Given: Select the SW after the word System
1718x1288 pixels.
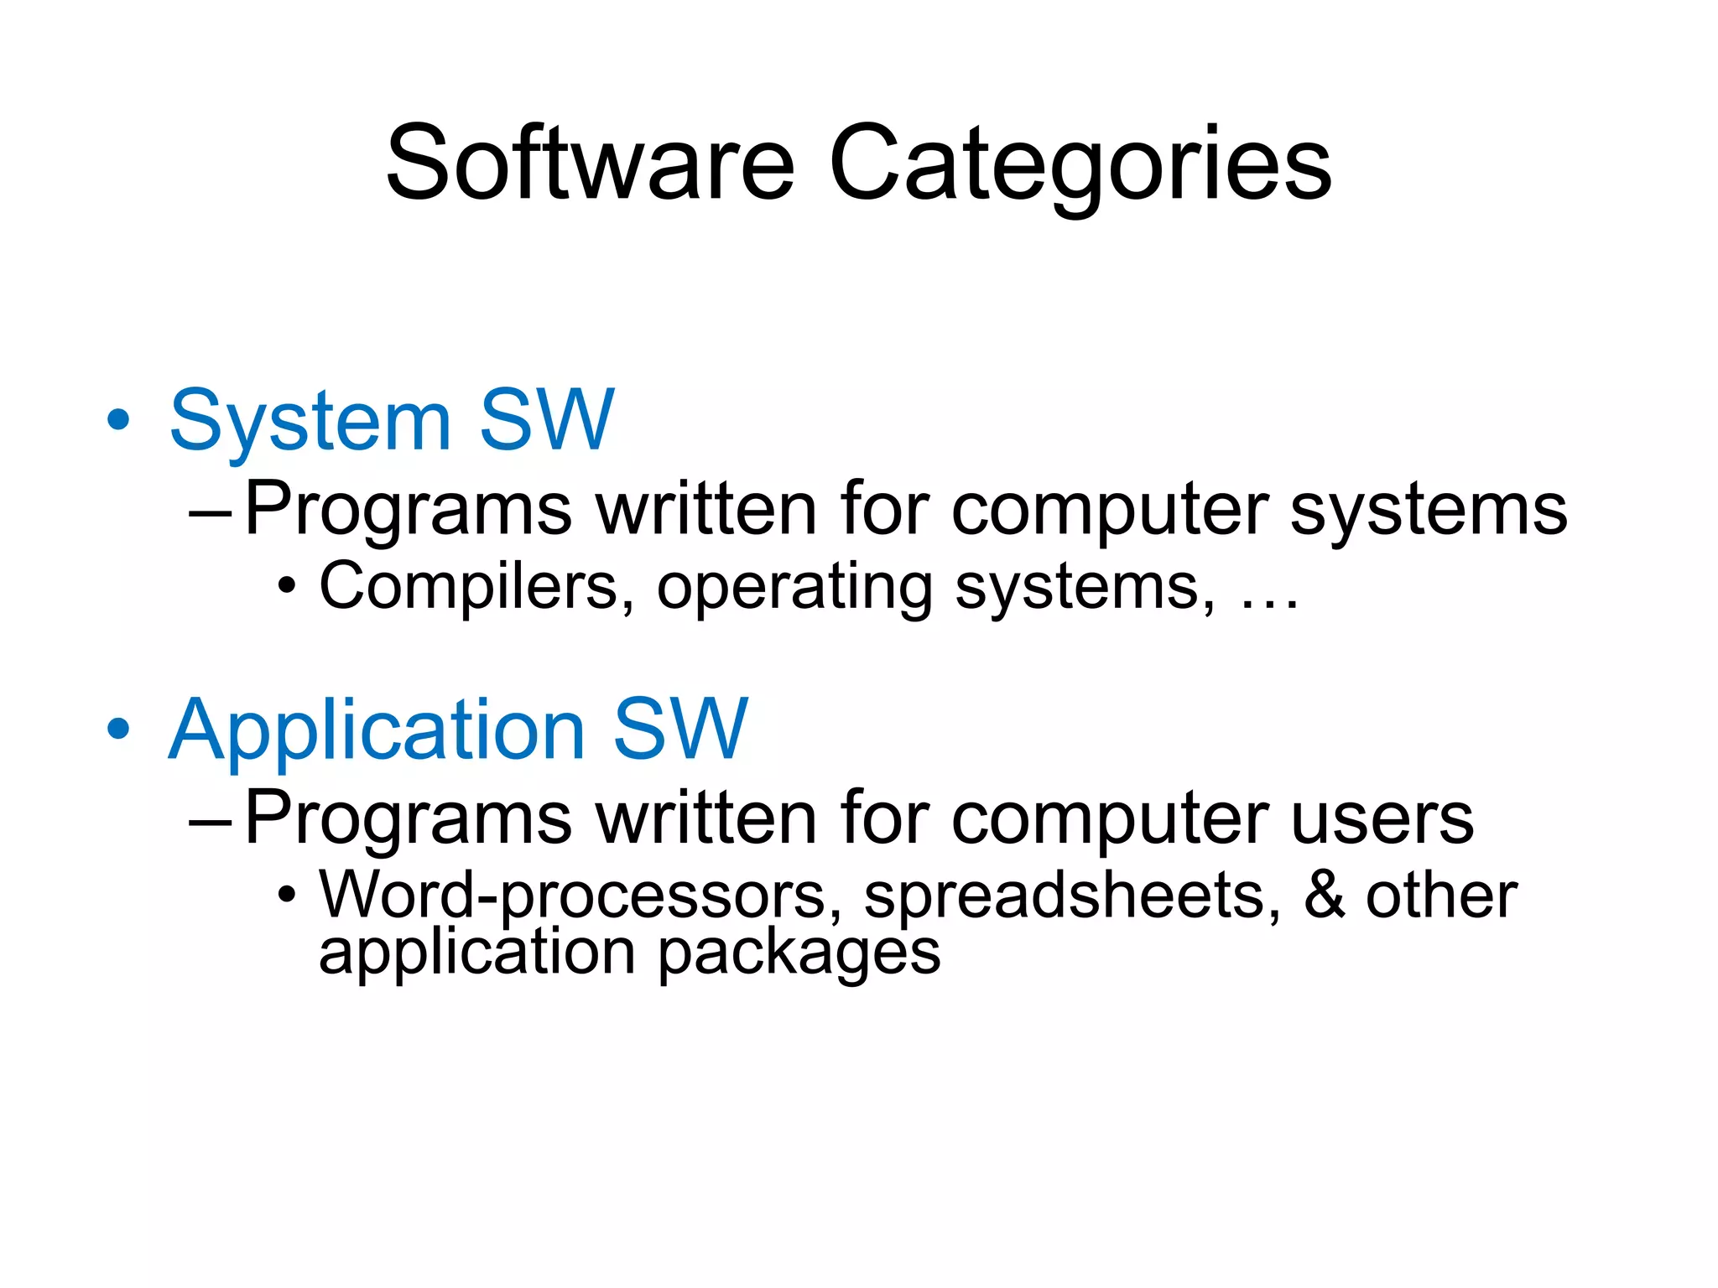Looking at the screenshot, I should tap(547, 419).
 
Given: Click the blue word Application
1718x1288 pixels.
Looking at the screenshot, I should tap(377, 730).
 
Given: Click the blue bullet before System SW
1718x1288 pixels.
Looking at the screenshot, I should tap(119, 419).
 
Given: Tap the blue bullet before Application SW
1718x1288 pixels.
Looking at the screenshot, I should tap(119, 728).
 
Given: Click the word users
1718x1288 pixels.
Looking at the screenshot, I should tap(1382, 818).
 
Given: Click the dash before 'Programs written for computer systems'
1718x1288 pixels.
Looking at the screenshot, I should tap(211, 511).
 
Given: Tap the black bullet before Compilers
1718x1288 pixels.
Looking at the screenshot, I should tap(287, 586).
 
